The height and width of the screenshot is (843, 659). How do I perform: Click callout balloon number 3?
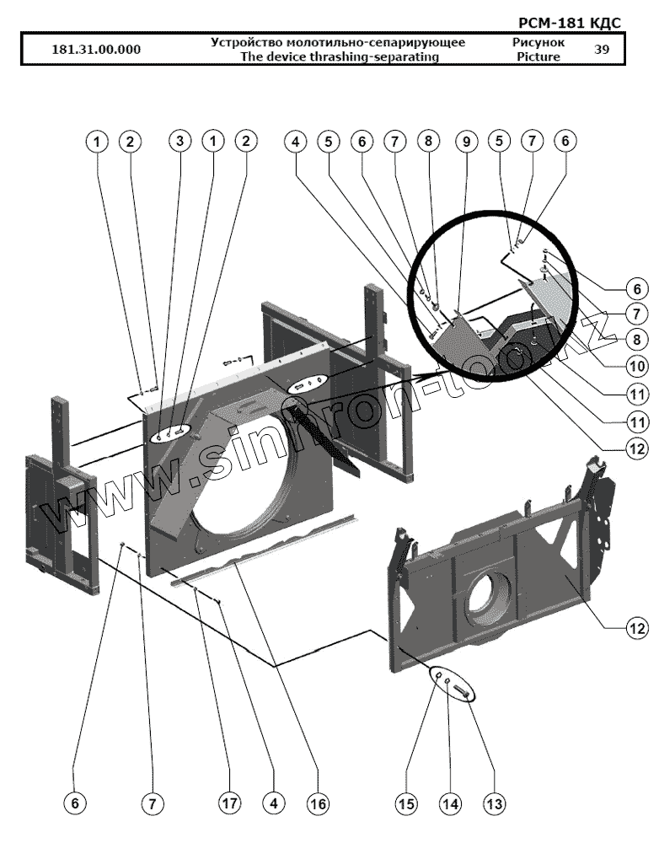(179, 142)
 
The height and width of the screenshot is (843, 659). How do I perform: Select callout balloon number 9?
(464, 142)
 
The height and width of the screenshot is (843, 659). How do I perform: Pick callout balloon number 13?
(495, 804)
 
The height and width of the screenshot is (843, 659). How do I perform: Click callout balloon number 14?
(450, 804)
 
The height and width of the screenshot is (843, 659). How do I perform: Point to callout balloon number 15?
(407, 804)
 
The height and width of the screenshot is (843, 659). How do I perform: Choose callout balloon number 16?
(317, 804)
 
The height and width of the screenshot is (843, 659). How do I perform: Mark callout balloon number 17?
(228, 804)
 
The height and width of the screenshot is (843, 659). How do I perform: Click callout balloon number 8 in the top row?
(429, 142)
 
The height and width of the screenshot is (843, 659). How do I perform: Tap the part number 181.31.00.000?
(96, 49)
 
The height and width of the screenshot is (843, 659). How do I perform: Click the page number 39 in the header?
(602, 49)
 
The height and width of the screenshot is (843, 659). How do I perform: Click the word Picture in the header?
(539, 57)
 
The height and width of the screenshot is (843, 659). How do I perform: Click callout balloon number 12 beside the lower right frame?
(637, 628)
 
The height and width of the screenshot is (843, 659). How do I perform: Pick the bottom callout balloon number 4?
(272, 804)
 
